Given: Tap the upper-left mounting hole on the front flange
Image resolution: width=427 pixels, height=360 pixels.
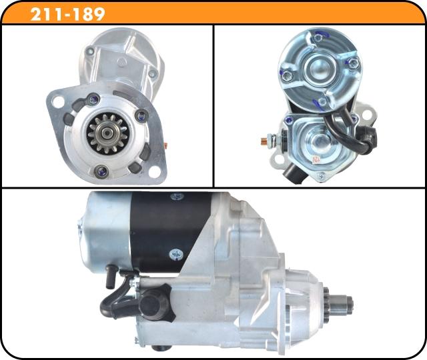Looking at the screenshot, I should pyautogui.click(x=57, y=101).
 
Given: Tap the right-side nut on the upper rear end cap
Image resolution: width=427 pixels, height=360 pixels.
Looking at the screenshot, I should pyautogui.click(x=354, y=63).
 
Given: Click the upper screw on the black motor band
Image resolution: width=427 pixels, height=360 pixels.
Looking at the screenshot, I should pyautogui.click(x=176, y=197).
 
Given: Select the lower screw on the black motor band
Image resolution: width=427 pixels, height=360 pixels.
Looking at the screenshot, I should pyautogui.click(x=175, y=253).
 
